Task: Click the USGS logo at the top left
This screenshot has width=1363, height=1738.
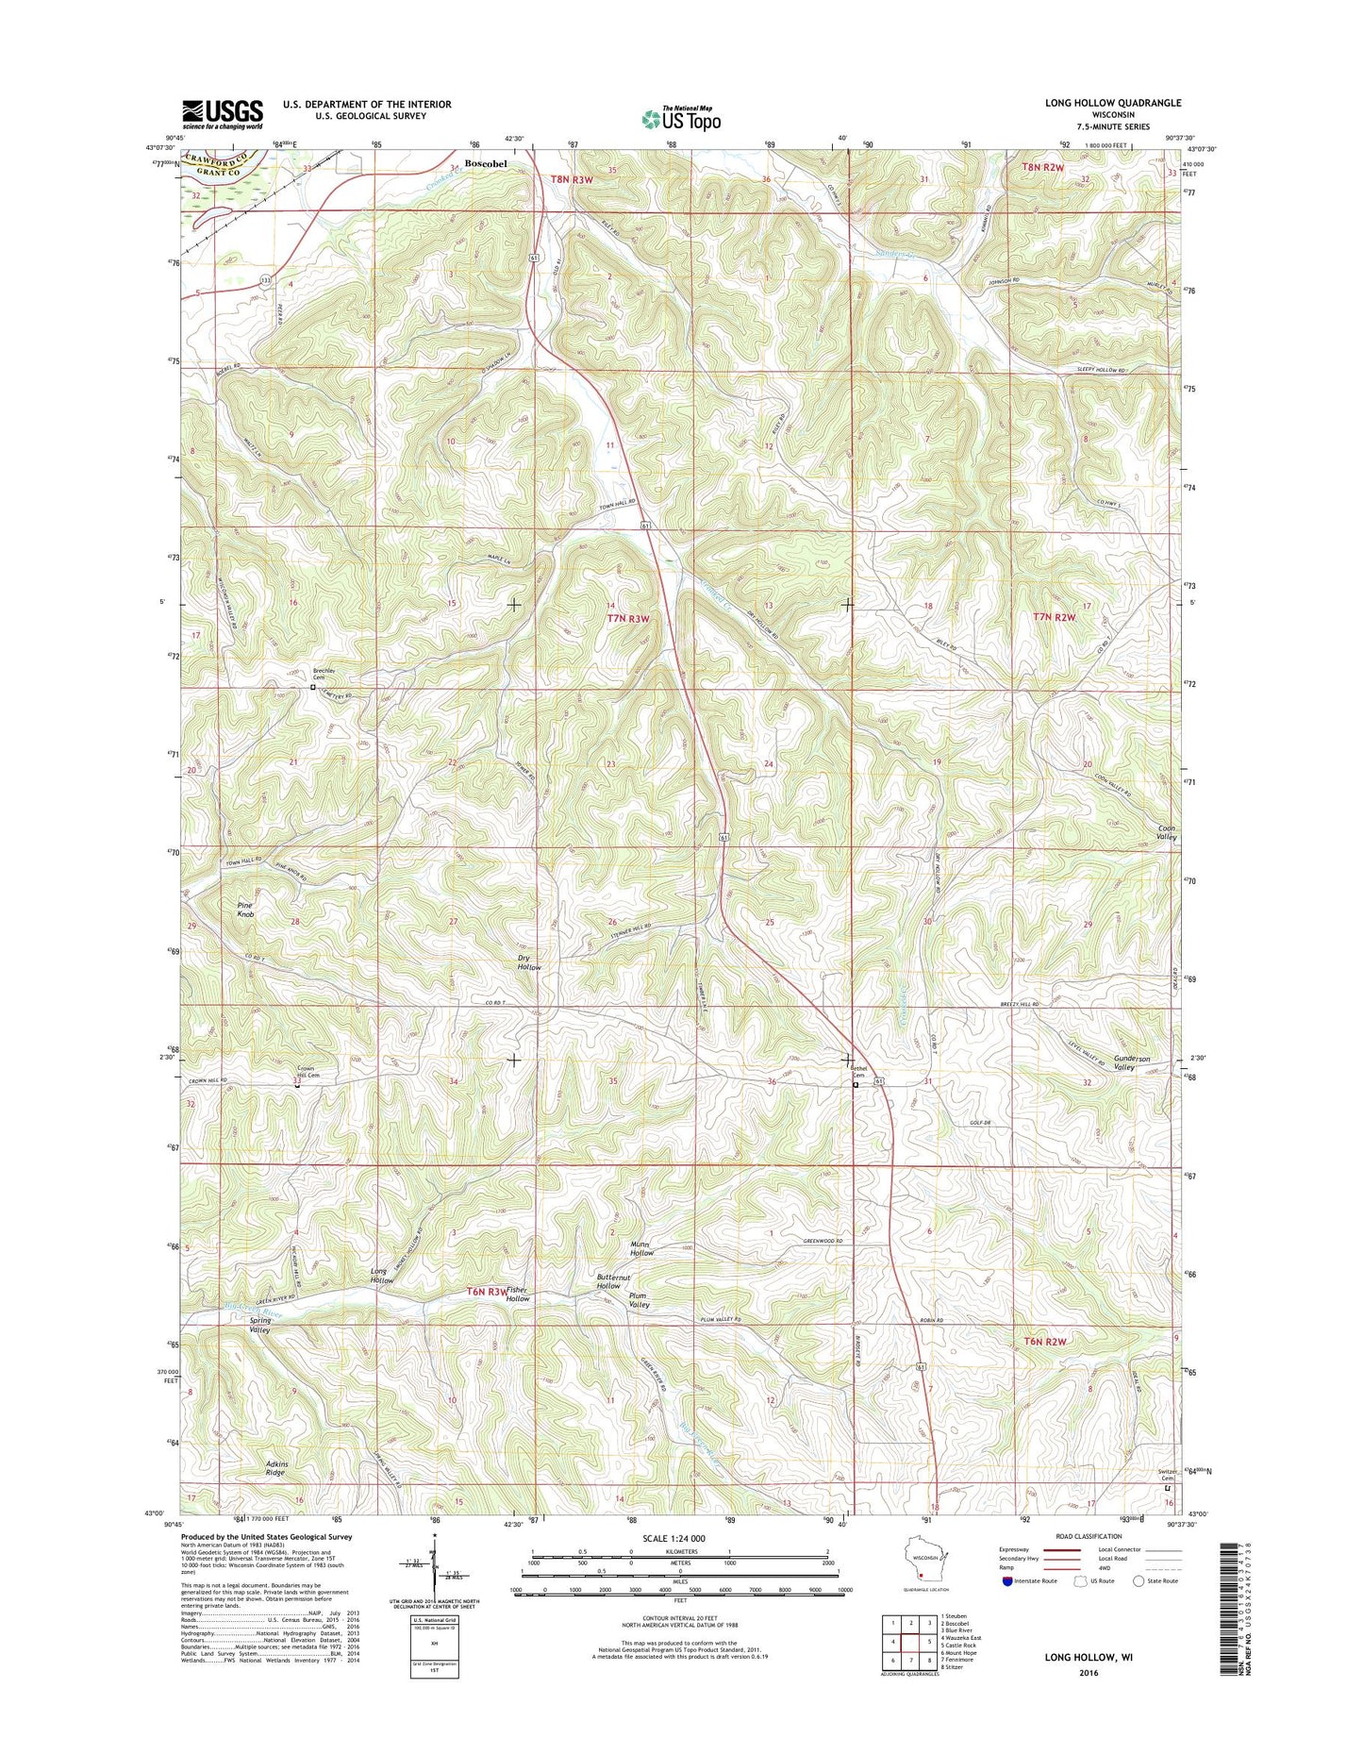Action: pyautogui.click(x=222, y=113)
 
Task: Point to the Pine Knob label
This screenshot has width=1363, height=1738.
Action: pyautogui.click(x=246, y=909)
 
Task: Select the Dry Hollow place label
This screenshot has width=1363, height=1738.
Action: pyautogui.click(x=529, y=962)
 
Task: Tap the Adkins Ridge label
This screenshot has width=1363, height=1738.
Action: pyautogui.click(x=275, y=1467)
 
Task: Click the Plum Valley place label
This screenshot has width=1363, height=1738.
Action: pyautogui.click(x=640, y=1300)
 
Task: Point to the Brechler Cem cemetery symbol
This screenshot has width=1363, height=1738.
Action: pyautogui.click(x=313, y=688)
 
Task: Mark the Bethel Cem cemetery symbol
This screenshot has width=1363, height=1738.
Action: pyautogui.click(x=856, y=1085)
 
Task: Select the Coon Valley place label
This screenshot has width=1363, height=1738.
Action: pyautogui.click(x=1167, y=832)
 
